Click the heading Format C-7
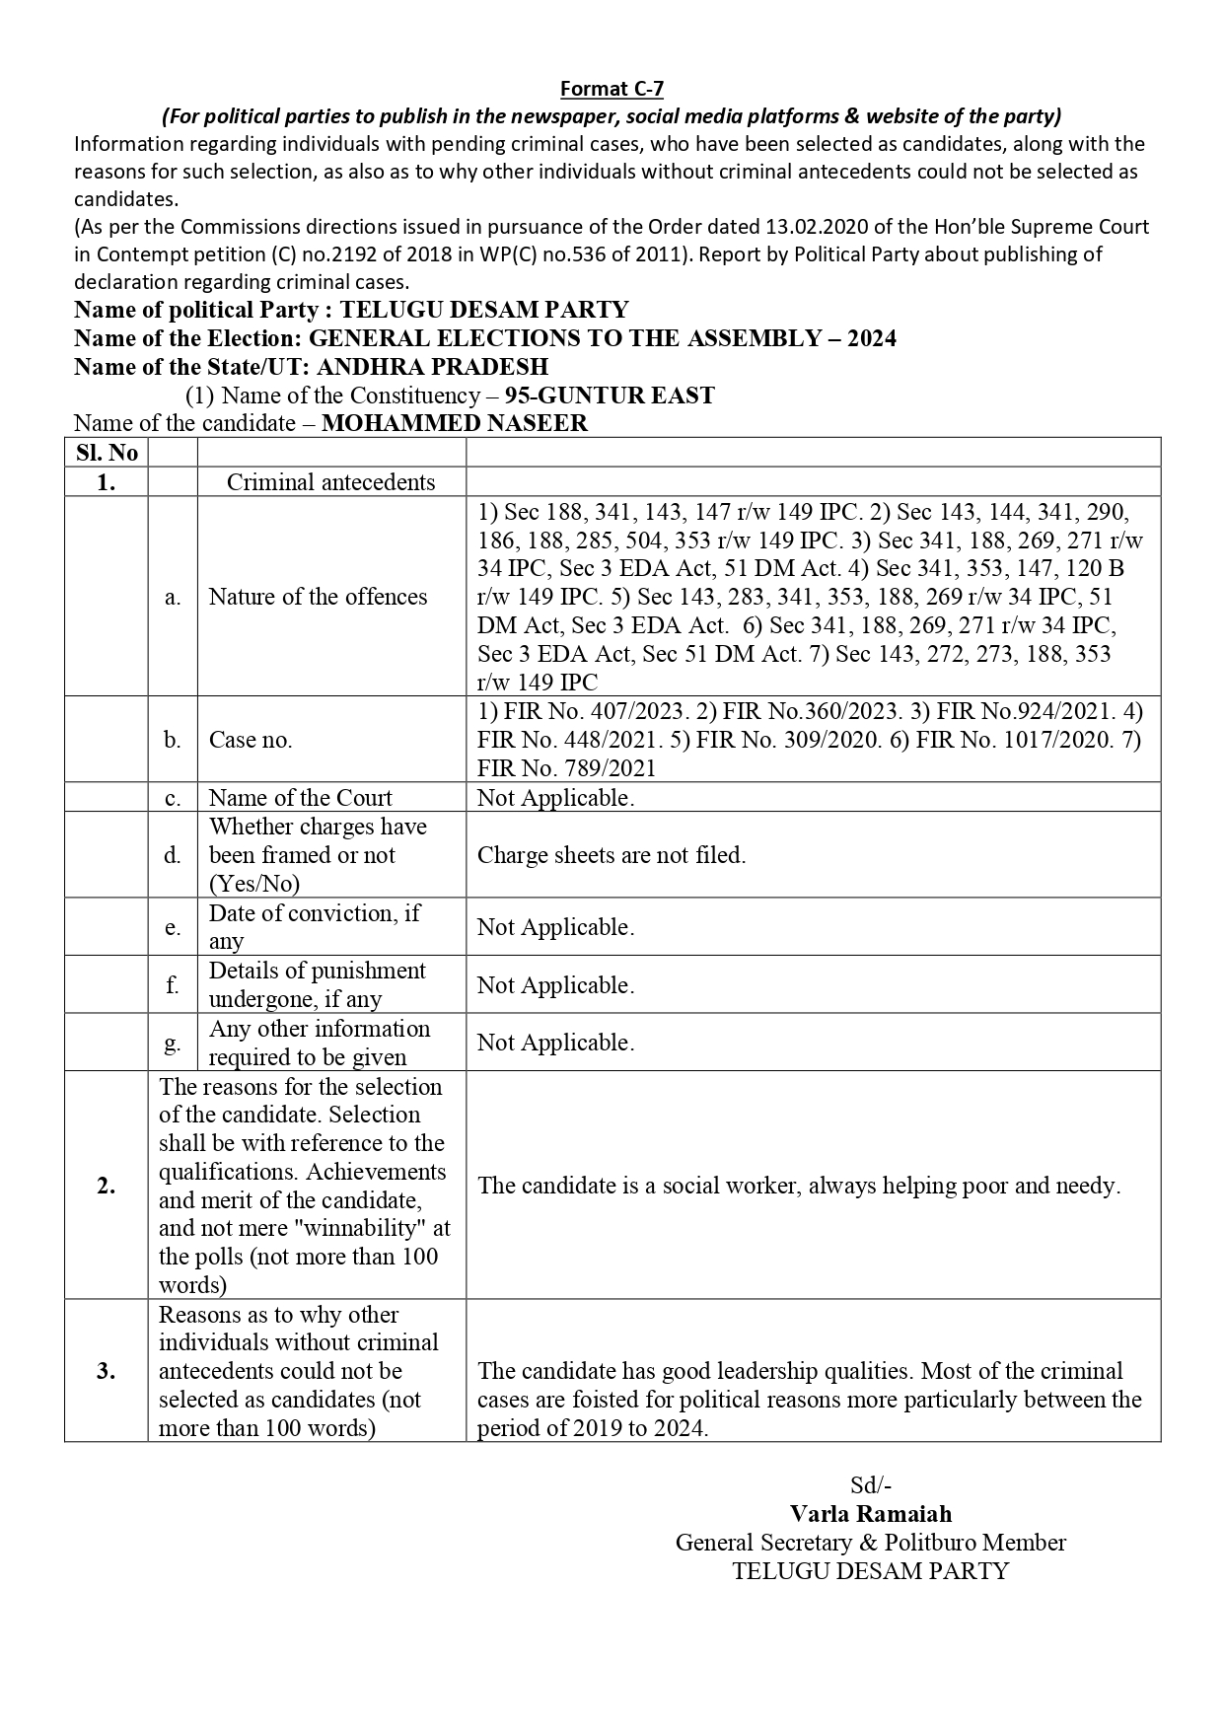pyautogui.click(x=612, y=89)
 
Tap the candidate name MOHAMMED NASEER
pyautogui.click(x=455, y=423)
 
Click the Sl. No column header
pyautogui.click(x=107, y=453)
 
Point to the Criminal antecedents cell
pyautogui.click(x=330, y=481)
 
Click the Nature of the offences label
pyautogui.click(x=318, y=597)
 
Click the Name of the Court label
pyautogui.click(x=300, y=797)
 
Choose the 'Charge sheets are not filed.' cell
pyautogui.click(x=612, y=855)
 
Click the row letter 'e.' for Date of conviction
pyautogui.click(x=173, y=927)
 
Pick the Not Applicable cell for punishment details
pyautogui.click(x=555, y=985)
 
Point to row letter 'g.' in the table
pyautogui.click(x=173, y=1043)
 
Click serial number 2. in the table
pyautogui.click(x=107, y=1186)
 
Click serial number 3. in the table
pyautogui.click(x=107, y=1371)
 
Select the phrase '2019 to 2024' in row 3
pyautogui.click(x=641, y=1427)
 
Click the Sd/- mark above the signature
pyautogui.click(x=871, y=1485)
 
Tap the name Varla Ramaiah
pyautogui.click(x=871, y=1513)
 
